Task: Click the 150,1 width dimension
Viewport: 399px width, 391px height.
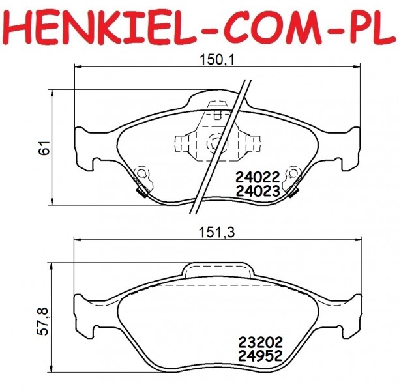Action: click(x=217, y=60)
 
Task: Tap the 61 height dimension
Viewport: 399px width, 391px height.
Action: click(x=45, y=147)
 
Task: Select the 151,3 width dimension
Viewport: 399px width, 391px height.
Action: click(x=217, y=232)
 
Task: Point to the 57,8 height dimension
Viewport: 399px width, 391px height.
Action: click(x=44, y=321)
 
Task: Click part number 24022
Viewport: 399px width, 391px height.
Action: click(x=258, y=177)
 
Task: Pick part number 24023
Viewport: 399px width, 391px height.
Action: click(x=258, y=192)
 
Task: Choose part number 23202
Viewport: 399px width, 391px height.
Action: click(x=260, y=342)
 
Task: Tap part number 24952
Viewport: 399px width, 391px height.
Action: click(x=260, y=356)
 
